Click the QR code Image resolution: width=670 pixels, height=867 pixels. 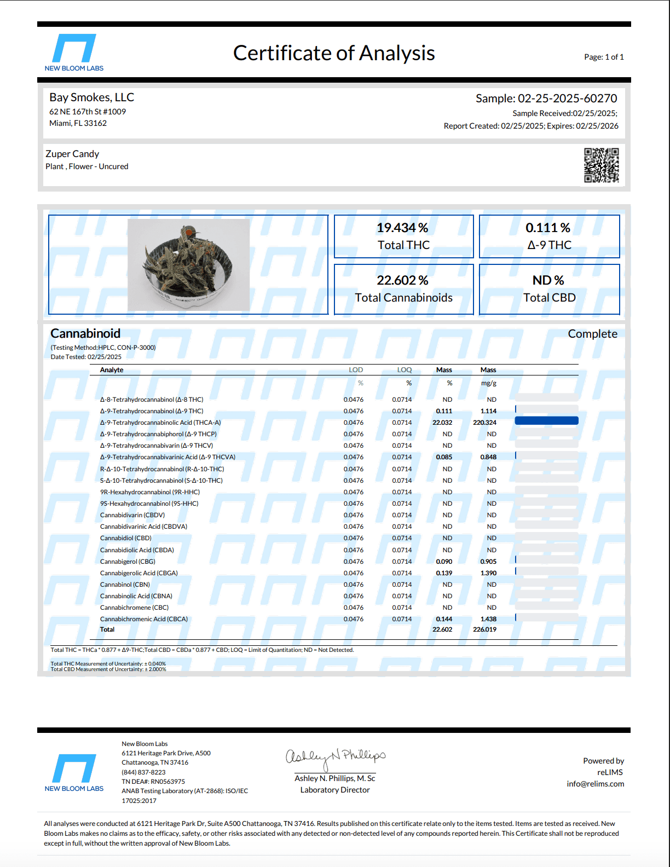click(x=601, y=165)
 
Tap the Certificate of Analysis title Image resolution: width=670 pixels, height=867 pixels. click(x=334, y=53)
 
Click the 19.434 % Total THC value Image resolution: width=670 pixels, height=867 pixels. click(x=403, y=228)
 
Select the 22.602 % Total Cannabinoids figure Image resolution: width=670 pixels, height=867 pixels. click(x=403, y=280)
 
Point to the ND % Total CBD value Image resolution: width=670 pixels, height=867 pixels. click(x=548, y=280)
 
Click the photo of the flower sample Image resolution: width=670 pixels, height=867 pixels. click(x=188, y=265)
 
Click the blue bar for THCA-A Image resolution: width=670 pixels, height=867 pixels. click(x=546, y=421)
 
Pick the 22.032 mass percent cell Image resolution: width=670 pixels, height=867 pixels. click(x=442, y=423)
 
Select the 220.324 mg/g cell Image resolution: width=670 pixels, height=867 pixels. click(x=484, y=423)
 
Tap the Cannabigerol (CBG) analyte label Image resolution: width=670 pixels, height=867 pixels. click(x=128, y=562)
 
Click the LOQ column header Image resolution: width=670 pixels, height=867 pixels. click(x=405, y=370)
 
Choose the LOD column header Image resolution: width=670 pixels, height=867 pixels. click(x=356, y=370)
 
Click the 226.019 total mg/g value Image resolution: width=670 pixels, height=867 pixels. click(x=484, y=629)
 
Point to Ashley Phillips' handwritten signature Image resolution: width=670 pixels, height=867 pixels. click(x=335, y=757)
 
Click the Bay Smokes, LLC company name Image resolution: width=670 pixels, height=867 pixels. click(x=91, y=97)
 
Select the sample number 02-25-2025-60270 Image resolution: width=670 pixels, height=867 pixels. click(x=567, y=99)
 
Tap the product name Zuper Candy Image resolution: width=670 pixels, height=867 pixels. click(x=72, y=154)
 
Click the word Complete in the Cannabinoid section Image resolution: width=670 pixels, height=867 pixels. click(x=592, y=334)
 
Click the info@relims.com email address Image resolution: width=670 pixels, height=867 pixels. click(x=595, y=784)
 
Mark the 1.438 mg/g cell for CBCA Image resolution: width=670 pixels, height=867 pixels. click(x=488, y=619)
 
